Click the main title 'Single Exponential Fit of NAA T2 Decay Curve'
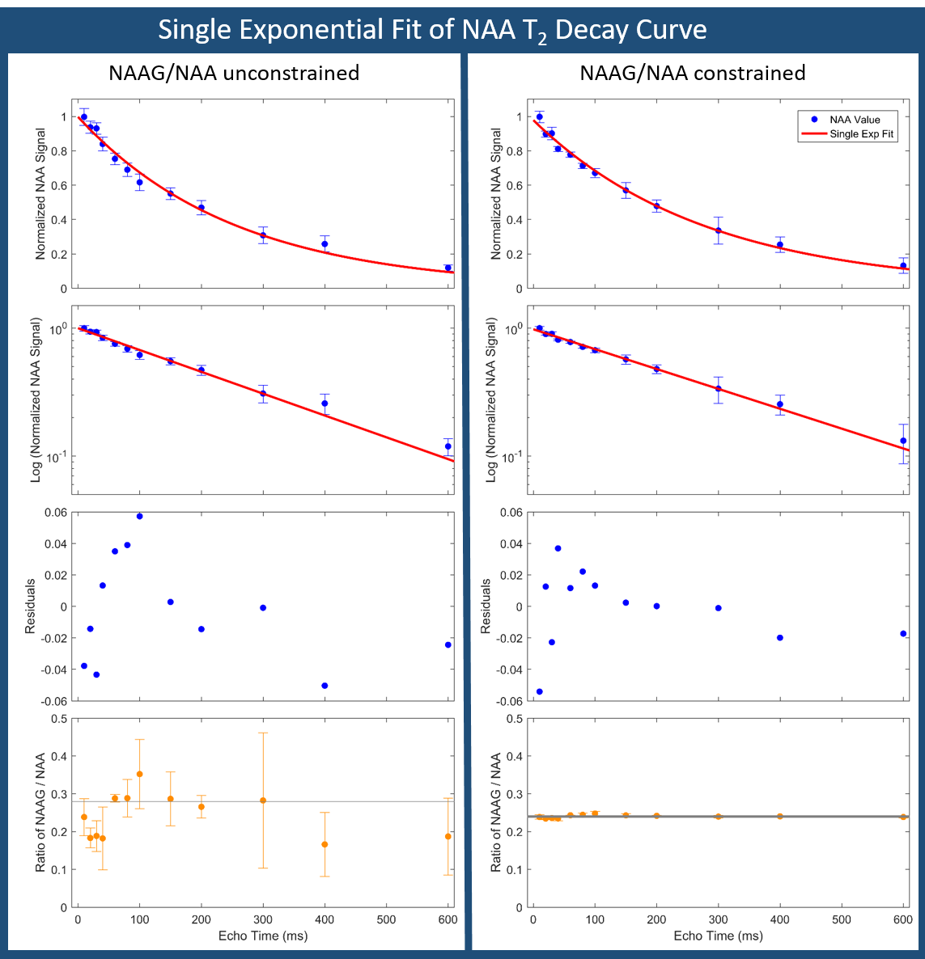click(x=432, y=30)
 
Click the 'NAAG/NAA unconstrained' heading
click(x=234, y=74)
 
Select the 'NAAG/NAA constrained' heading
click(x=692, y=74)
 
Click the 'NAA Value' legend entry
click(x=855, y=120)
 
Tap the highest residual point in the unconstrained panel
click(x=139, y=516)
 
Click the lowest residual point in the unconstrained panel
click(x=325, y=686)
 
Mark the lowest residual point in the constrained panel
click(x=539, y=691)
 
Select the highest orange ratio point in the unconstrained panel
click(x=139, y=774)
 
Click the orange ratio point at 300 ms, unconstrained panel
click(x=263, y=801)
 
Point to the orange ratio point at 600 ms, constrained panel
click(x=903, y=817)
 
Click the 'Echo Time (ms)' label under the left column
click(x=263, y=936)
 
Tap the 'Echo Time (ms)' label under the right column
click(x=718, y=936)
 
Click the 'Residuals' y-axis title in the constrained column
click(x=486, y=606)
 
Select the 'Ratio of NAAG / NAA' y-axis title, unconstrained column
click(x=40, y=813)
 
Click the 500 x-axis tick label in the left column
click(x=386, y=919)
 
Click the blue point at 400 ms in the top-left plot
click(x=325, y=244)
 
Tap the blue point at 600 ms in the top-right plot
click(x=903, y=265)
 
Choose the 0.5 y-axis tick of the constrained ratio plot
click(x=515, y=719)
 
